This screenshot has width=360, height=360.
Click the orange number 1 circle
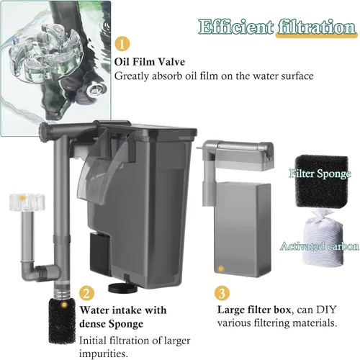click(x=122, y=44)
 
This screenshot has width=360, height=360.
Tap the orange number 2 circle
click(x=86, y=293)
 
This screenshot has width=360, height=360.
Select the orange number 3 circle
click(x=222, y=293)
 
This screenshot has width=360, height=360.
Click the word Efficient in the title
click(x=236, y=27)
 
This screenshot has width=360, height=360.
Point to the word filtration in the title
click(x=317, y=27)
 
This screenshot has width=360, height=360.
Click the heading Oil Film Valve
click(x=150, y=62)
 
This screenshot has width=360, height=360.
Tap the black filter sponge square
click(x=322, y=181)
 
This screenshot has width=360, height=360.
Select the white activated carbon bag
click(x=323, y=238)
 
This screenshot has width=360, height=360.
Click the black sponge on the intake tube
click(x=62, y=321)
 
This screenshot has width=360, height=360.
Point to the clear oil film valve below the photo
click(x=27, y=202)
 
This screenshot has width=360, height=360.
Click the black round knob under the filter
click(x=123, y=288)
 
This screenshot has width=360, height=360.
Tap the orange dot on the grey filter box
click(x=221, y=269)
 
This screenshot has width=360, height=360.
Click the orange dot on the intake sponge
click(x=64, y=305)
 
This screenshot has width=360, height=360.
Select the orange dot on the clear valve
click(x=22, y=198)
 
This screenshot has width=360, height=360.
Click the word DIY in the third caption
click(x=325, y=310)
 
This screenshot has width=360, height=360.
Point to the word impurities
click(x=103, y=354)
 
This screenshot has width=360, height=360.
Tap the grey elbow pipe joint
click(x=31, y=271)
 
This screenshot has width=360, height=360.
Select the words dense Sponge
click(x=111, y=324)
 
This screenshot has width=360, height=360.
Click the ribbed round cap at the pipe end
click(x=44, y=132)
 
